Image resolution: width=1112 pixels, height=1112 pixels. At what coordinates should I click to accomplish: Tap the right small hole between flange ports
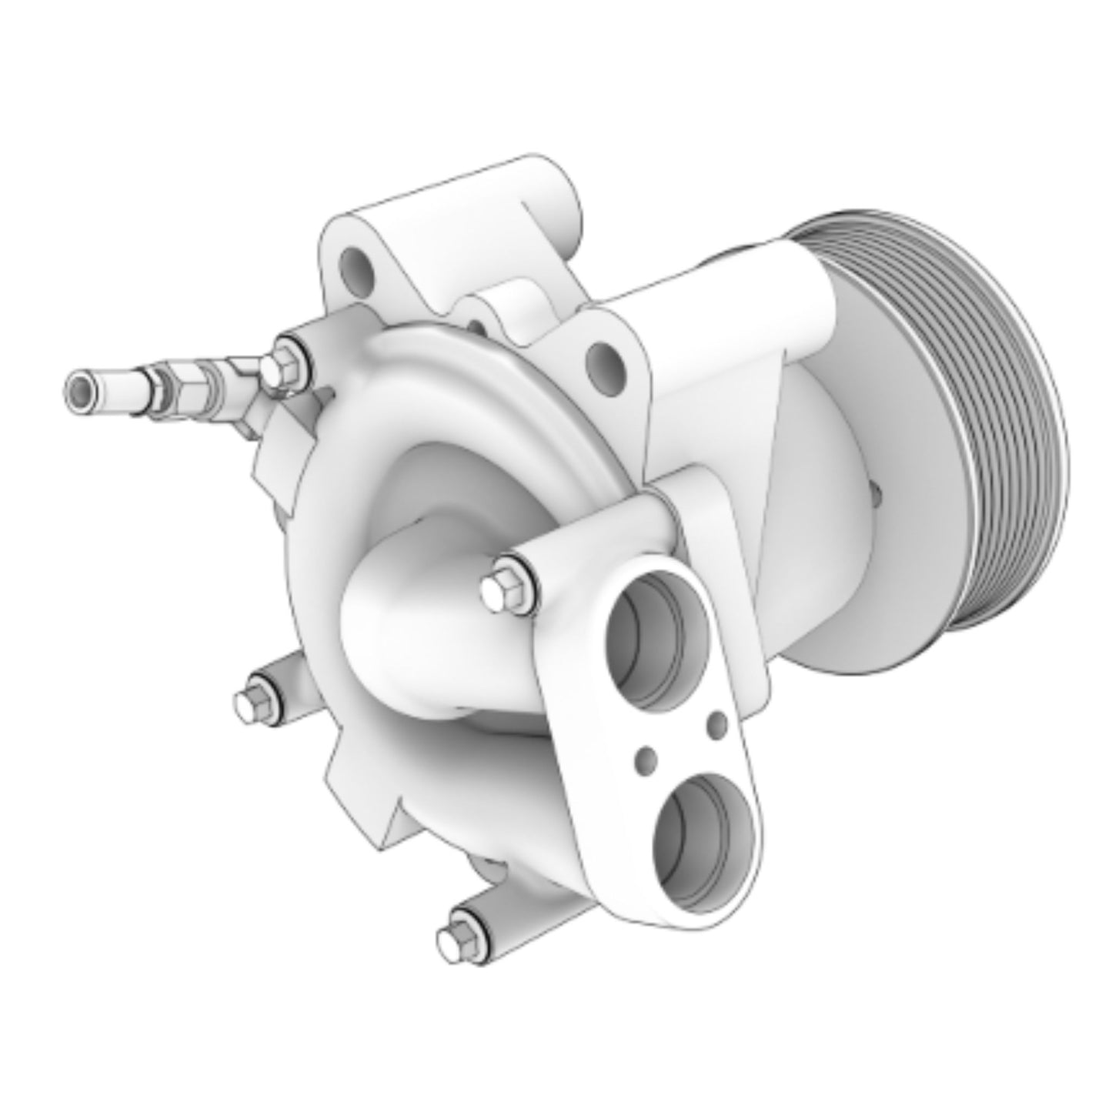[717, 723]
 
